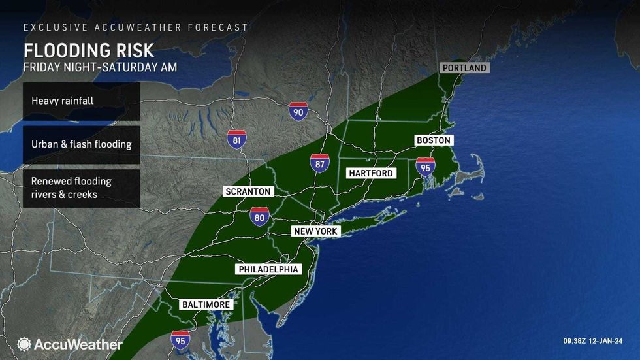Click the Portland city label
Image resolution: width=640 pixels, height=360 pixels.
(x=465, y=68)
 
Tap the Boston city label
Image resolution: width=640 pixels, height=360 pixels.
(x=434, y=140)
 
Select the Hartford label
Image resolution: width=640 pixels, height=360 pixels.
(x=371, y=173)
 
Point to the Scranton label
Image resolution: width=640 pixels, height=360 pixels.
(x=247, y=191)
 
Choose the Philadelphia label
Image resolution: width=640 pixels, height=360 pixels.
(x=268, y=269)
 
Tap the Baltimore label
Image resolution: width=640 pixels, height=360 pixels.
(x=206, y=305)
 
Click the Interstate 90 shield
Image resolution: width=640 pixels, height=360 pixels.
(x=298, y=110)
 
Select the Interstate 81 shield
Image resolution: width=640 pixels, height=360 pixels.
(x=237, y=139)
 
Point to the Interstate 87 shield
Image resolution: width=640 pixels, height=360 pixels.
(x=320, y=163)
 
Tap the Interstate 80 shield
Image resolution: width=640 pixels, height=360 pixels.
(x=259, y=217)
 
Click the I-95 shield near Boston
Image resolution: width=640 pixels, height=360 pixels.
(x=425, y=168)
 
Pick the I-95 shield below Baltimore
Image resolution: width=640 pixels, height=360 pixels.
(x=180, y=340)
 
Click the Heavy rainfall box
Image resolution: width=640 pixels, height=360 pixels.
(x=81, y=101)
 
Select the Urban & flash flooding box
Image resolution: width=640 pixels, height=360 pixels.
(x=81, y=144)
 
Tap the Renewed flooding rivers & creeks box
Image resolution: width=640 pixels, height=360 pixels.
(x=81, y=188)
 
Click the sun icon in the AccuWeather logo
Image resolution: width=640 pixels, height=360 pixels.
(x=24, y=344)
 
